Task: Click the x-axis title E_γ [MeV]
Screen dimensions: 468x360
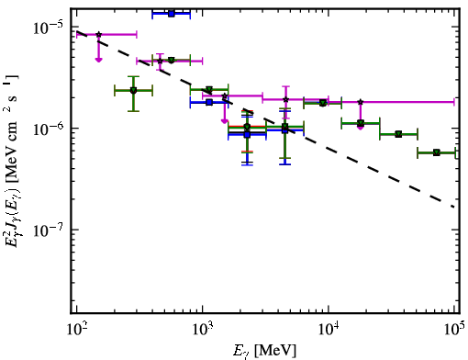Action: pyautogui.click(x=264, y=351)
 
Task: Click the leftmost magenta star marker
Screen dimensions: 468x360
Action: pyautogui.click(x=98, y=35)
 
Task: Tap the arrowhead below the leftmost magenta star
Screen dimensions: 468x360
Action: pyautogui.click(x=98, y=60)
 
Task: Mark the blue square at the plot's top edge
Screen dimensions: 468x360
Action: pyautogui.click(x=172, y=14)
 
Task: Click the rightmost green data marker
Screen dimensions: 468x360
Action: pyautogui.click(x=437, y=152)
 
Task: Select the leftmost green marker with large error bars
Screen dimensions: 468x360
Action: pyautogui.click(x=133, y=90)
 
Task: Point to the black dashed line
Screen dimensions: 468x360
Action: pyautogui.click(x=265, y=119)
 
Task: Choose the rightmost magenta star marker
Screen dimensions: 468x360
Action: pyautogui.click(x=361, y=102)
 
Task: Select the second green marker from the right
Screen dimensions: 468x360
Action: pyautogui.click(x=398, y=134)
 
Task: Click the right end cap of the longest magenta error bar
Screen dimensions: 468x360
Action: pyautogui.click(x=454, y=102)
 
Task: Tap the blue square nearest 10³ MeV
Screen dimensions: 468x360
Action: pyautogui.click(x=209, y=102)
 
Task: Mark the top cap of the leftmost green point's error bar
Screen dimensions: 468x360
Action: pyautogui.click(x=133, y=76)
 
